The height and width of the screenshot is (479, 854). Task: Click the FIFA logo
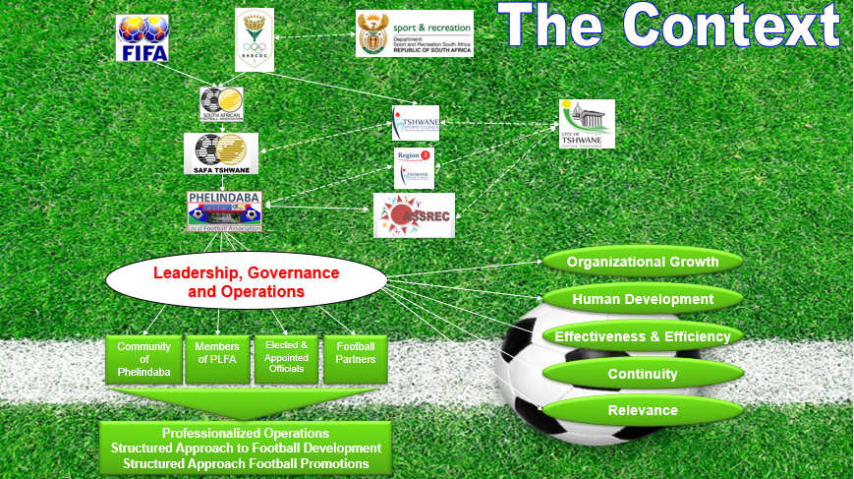click(142, 38)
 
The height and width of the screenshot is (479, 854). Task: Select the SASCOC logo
click(260, 39)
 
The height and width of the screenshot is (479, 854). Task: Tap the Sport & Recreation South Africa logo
click(414, 33)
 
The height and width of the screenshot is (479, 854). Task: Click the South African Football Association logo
click(221, 104)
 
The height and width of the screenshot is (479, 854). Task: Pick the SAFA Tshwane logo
click(221, 154)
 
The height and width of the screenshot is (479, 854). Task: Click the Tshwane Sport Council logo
click(416, 124)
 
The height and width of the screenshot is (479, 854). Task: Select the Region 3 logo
click(413, 167)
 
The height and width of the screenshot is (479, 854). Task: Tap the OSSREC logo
click(414, 215)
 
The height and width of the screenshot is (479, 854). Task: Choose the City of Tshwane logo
click(587, 124)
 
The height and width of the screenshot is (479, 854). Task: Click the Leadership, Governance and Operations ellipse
click(246, 282)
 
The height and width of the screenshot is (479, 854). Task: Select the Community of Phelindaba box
click(143, 360)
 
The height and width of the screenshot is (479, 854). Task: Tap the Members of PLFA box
click(217, 360)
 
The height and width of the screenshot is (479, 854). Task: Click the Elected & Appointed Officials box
click(286, 360)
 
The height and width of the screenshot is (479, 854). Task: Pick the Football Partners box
click(356, 360)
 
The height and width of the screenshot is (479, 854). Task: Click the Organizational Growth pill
click(643, 262)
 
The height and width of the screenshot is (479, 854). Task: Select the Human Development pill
click(643, 299)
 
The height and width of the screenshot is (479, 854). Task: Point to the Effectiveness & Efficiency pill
click(643, 336)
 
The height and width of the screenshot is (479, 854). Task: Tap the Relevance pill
click(643, 410)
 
